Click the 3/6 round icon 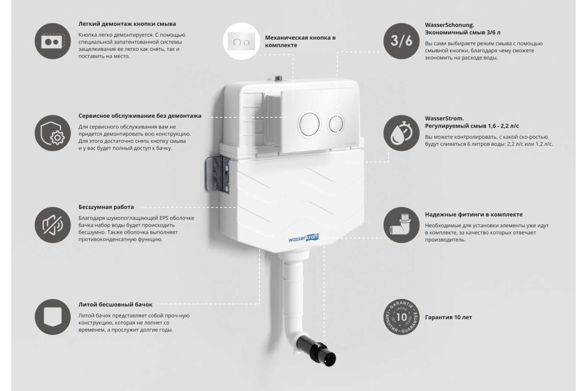pyautogui.click(x=401, y=41)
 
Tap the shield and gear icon pyautogui.click(x=53, y=133)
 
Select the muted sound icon pyautogui.click(x=53, y=225)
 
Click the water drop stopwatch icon pyautogui.click(x=401, y=133)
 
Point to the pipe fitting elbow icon pyautogui.click(x=401, y=225)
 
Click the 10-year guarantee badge pyautogui.click(x=401, y=317)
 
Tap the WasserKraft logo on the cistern pyautogui.click(x=303, y=238)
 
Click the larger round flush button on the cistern pyautogui.click(x=310, y=124)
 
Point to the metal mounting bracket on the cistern pyautogui.click(x=218, y=174)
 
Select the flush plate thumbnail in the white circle pyautogui.click(x=241, y=42)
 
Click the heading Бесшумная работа pyautogui.click(x=106, y=207)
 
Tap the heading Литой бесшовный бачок pyautogui.click(x=115, y=304)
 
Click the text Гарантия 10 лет pyautogui.click(x=449, y=317)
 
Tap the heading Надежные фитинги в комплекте pyautogui.click(x=474, y=215)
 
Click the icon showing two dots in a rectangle pyautogui.click(x=53, y=41)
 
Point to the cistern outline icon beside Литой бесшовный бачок pyautogui.click(x=53, y=317)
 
